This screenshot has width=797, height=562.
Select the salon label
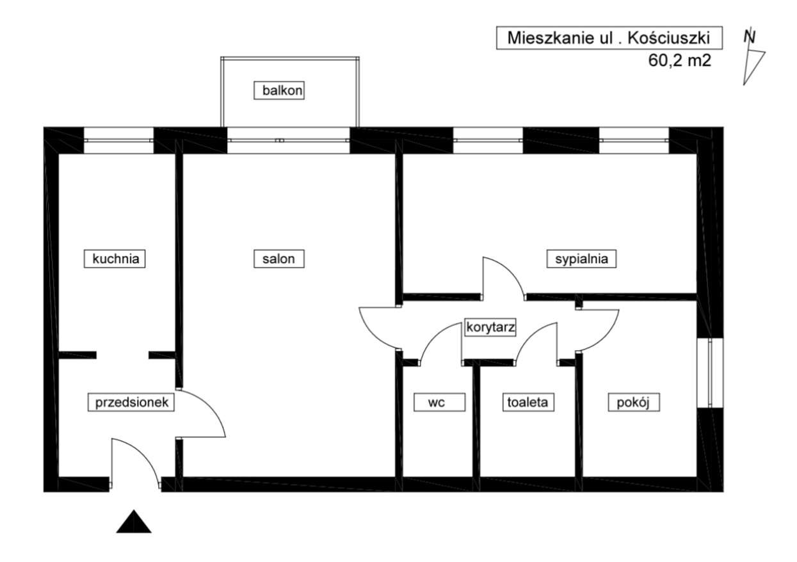click(278, 259)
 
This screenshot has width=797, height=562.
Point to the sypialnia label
click(581, 259)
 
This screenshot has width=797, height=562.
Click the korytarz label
click(491, 326)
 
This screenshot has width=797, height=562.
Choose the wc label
click(437, 402)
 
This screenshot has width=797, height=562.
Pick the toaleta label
click(527, 402)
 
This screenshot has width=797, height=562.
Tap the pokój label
click(633, 402)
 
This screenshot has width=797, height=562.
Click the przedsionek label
click(131, 402)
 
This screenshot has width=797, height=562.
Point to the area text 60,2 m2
click(680, 61)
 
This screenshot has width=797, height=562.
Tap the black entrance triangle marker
click(134, 522)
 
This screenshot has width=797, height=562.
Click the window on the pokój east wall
click(709, 372)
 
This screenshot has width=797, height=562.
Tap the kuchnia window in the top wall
click(119, 140)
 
